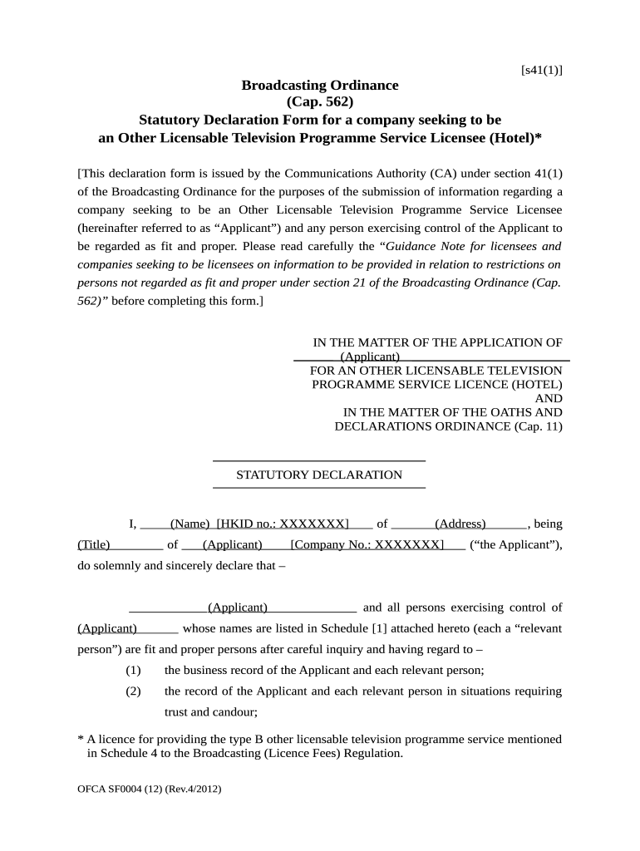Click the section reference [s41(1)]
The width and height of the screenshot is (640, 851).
(541, 70)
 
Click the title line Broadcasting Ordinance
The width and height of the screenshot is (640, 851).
(320, 86)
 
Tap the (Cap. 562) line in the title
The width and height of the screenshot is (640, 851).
(320, 102)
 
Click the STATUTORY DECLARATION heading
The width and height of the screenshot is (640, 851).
(319, 475)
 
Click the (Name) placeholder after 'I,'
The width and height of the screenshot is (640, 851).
(190, 524)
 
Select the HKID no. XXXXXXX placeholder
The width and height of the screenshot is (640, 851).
(283, 524)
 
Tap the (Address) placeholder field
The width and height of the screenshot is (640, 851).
(460, 524)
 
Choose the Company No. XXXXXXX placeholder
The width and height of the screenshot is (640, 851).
(367, 545)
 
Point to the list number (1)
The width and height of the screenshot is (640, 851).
(133, 670)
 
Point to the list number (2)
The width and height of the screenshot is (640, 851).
(133, 691)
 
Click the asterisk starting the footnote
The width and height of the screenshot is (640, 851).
(81, 739)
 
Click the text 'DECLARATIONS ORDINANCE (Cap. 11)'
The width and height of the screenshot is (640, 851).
(448, 426)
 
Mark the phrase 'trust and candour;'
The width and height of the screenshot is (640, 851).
(211, 711)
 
